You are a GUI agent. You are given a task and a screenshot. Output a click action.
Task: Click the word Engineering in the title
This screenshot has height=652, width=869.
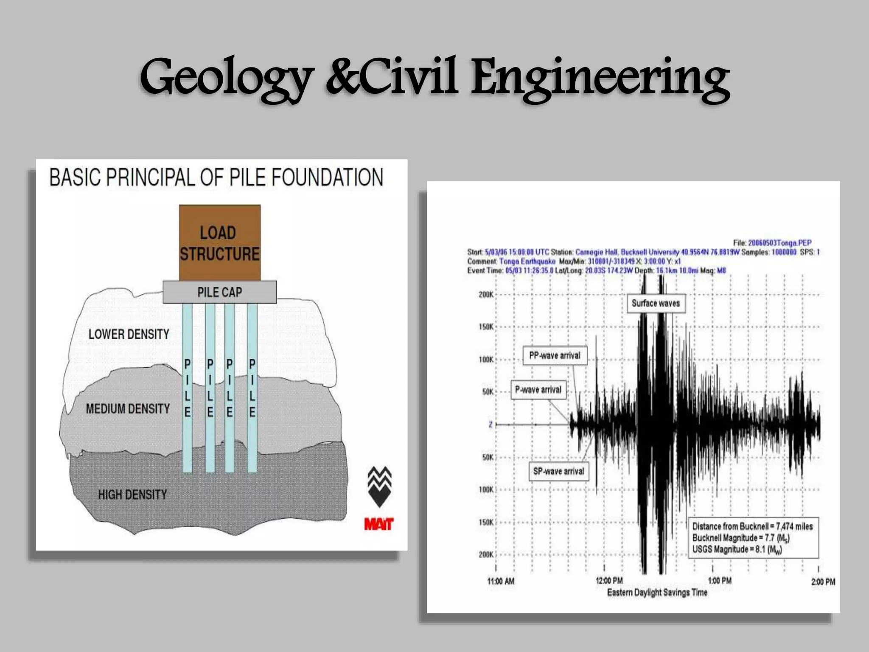[600, 79]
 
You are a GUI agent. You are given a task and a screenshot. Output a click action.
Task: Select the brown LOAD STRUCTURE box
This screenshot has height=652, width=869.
[219, 243]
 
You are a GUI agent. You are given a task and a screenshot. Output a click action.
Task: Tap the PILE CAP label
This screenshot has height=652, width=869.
[219, 292]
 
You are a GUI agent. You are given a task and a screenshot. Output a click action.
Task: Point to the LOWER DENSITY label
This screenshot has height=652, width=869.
[129, 334]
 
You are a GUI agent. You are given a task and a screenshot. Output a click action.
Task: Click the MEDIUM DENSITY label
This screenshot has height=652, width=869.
[128, 409]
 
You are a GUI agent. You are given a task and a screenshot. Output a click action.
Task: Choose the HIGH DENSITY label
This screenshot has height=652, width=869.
[132, 495]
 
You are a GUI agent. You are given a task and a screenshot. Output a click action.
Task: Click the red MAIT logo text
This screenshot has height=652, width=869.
[379, 524]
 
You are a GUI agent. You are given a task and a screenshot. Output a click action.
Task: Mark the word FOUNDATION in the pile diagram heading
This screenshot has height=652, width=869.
[327, 177]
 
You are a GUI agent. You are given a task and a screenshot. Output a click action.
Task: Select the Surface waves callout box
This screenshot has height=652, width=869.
[656, 303]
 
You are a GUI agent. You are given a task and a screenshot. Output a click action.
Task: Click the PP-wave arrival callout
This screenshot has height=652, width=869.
[555, 356]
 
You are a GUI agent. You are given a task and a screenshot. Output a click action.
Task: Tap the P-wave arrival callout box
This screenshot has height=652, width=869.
[538, 390]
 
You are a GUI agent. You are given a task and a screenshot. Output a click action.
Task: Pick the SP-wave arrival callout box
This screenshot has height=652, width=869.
[558, 471]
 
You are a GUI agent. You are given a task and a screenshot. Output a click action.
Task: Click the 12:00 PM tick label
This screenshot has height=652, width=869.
[609, 581]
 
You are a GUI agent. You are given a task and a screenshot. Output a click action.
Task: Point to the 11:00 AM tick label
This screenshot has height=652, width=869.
[501, 581]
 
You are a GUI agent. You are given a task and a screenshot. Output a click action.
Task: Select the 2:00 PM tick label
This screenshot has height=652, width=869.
[823, 582]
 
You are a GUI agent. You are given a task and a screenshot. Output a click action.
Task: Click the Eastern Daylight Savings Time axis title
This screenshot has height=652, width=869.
[657, 593]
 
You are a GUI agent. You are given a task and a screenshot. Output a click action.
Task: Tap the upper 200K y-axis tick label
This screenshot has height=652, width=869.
[486, 295]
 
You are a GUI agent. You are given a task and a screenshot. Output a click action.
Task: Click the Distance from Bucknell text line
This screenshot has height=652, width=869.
[752, 526]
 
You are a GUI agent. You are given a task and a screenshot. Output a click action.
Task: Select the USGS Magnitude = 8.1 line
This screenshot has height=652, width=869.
[737, 550]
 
